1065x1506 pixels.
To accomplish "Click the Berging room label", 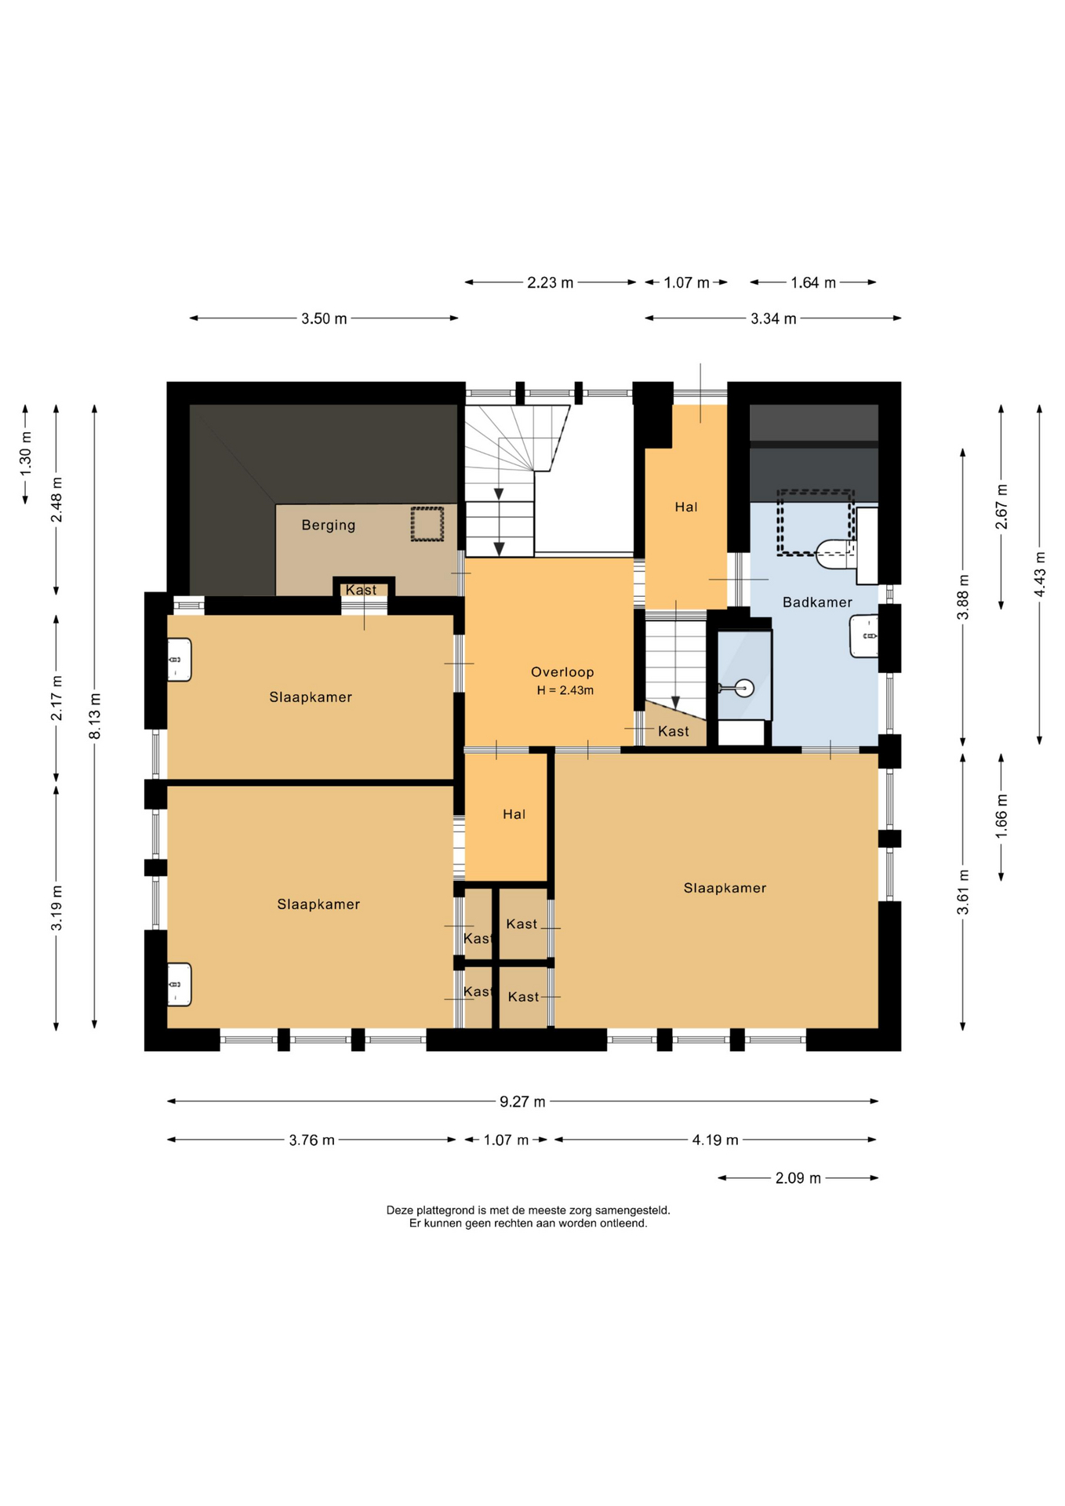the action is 329,525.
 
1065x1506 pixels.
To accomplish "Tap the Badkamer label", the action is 817,602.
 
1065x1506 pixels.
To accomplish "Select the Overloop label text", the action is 562,671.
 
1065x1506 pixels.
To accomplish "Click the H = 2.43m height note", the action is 565,690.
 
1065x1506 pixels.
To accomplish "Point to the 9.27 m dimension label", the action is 522,1101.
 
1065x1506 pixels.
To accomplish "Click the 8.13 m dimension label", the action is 95,716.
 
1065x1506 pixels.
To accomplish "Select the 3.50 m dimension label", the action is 324,318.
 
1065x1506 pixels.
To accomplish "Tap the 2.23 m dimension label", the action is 550,282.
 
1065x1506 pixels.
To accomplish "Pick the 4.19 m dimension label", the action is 715,1140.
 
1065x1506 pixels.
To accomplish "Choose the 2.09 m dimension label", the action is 798,1178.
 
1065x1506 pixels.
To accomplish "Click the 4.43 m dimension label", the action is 1040,574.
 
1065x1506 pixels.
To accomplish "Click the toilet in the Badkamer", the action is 835,554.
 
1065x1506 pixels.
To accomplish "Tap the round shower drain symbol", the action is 744,688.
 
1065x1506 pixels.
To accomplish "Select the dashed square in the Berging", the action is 427,523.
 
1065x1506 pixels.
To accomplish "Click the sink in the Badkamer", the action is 864,635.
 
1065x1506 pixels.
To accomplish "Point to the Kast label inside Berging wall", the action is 361,590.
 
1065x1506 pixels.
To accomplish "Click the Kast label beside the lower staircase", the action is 674,731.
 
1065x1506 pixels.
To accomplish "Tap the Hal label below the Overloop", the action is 514,814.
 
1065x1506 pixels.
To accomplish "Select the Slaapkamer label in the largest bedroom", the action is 725,888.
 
